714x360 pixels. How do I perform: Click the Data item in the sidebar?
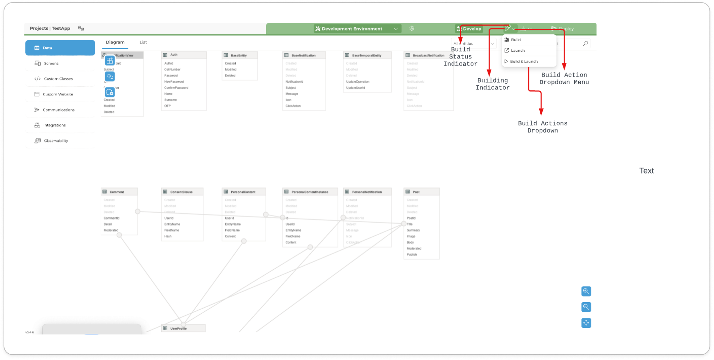[x=60, y=48]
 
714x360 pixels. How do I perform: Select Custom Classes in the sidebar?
[x=58, y=79]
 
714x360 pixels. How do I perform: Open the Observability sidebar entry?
[x=56, y=141]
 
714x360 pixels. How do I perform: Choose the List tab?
[x=143, y=42]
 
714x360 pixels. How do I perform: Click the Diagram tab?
[x=115, y=42]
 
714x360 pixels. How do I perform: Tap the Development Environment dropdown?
[x=357, y=29]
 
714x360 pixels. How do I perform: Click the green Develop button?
[x=469, y=29]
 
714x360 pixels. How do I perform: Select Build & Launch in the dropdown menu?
[x=523, y=62]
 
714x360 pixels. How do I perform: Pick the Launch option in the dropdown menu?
[x=517, y=51]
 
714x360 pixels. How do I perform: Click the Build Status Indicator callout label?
[x=460, y=57]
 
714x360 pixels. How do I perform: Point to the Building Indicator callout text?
[x=493, y=84]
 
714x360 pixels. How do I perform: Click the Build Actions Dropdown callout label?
[x=542, y=127]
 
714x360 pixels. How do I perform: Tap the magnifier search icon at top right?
[x=585, y=44]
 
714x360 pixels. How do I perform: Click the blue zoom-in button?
[x=586, y=291]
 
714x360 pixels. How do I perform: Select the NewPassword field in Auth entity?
[x=174, y=81]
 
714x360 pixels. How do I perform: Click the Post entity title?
[x=416, y=192]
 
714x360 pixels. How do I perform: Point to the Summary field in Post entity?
[x=413, y=230]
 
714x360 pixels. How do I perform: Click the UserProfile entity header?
[x=178, y=328]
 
